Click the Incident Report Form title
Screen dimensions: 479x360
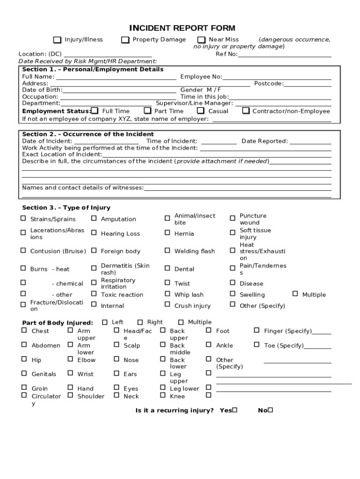182,29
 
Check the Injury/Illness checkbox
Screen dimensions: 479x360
57,40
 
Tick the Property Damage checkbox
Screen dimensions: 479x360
125,40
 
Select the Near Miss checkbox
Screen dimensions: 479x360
202,40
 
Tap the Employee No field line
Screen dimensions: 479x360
277,77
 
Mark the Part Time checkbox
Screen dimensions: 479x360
147,111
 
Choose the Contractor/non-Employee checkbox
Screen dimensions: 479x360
246,111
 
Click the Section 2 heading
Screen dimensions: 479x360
88,134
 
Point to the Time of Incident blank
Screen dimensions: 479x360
219,141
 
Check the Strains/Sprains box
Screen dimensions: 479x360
23,218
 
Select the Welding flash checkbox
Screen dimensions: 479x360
167,251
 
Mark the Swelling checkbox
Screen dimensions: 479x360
232,294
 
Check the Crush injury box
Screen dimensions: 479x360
167,305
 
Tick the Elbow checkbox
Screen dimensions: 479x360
70,359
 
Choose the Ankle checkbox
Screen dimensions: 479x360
209,345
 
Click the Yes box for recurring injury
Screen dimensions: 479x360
235,410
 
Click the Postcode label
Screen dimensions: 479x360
268,84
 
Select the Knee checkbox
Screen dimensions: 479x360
163,395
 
